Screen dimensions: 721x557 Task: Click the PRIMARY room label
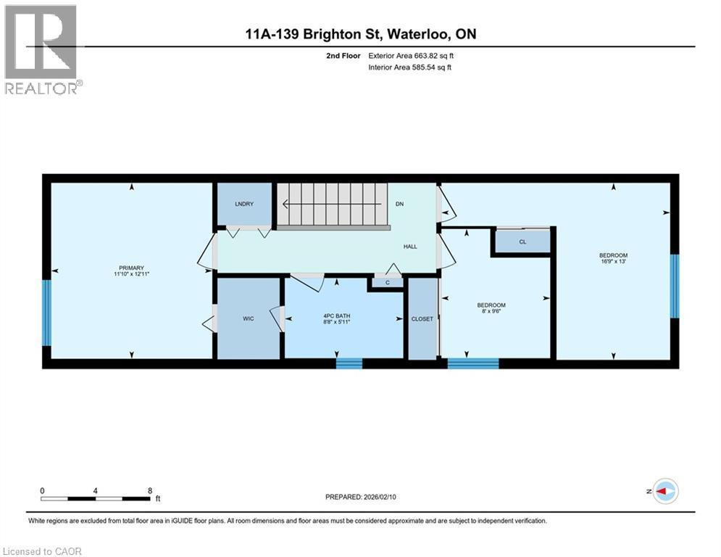click(131, 268)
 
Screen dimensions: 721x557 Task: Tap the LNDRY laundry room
click(244, 204)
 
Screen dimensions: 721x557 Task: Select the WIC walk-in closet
click(249, 318)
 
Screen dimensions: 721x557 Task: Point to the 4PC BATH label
click(337, 315)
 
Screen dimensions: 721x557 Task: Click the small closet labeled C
click(388, 283)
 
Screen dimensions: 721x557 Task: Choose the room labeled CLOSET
click(422, 318)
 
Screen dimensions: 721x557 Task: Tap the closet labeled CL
click(523, 242)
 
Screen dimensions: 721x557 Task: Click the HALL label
click(410, 247)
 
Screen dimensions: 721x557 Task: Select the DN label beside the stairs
click(399, 204)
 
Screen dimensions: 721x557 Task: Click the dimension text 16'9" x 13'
click(614, 262)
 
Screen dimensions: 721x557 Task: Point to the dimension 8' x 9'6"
click(491, 310)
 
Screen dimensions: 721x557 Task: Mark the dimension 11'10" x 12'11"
click(131, 274)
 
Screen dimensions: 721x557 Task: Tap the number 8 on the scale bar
click(150, 491)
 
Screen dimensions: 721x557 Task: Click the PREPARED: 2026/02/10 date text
click(361, 497)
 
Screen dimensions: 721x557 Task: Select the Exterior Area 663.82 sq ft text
click(411, 56)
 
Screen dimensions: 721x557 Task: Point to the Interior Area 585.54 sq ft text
click(409, 67)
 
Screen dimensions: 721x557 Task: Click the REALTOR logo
click(43, 50)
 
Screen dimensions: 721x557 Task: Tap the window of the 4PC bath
click(349, 363)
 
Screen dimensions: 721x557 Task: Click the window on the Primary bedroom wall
click(46, 313)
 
